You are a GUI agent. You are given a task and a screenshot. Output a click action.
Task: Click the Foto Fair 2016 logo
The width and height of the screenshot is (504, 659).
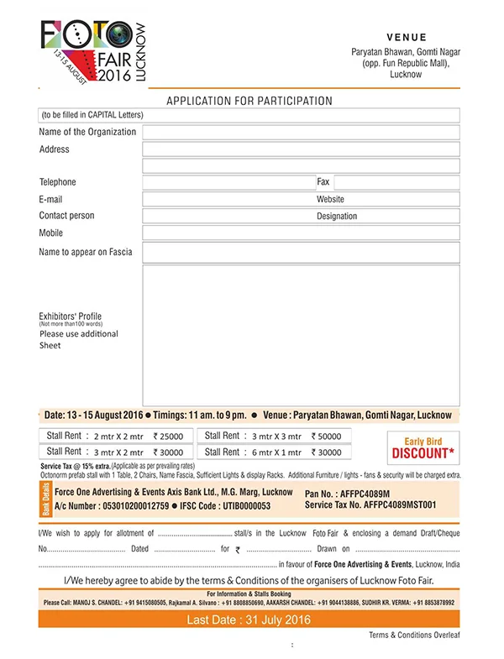(92, 50)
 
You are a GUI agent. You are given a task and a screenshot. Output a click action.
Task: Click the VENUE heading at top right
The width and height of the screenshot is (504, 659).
(407, 38)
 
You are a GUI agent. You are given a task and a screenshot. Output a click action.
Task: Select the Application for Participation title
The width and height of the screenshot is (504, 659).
(249, 101)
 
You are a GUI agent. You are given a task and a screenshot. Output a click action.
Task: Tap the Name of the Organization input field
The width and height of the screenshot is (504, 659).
(301, 132)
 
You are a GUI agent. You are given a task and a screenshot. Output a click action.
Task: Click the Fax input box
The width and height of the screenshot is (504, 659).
(396, 182)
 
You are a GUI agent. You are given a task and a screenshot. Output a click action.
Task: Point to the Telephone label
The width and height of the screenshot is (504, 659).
(57, 182)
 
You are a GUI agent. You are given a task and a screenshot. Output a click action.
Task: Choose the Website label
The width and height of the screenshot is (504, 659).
(330, 200)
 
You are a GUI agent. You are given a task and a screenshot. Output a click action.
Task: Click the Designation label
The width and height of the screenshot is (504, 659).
(337, 217)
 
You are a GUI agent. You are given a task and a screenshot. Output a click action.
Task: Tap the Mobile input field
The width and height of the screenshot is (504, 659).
(301, 233)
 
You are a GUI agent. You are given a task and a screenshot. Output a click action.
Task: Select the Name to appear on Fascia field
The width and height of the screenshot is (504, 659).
(301, 252)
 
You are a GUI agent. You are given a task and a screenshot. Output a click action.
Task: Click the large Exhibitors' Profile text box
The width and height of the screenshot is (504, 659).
(301, 335)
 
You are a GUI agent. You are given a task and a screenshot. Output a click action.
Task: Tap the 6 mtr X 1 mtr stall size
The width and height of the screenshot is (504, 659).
(278, 452)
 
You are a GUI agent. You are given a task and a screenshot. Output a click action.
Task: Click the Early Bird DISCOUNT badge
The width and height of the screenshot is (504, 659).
(423, 448)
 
